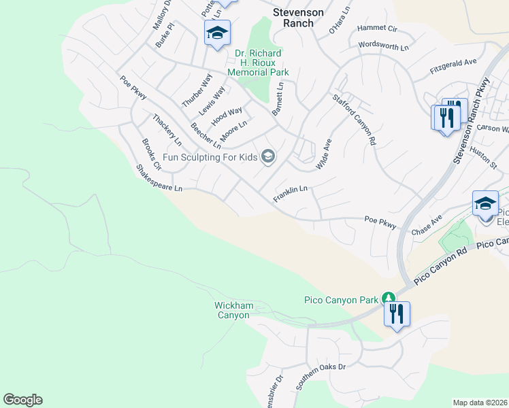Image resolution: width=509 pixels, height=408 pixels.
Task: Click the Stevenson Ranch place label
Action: pyautogui.click(x=293, y=17)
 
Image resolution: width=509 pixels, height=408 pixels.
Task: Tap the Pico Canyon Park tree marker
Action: pyautogui.click(x=388, y=298)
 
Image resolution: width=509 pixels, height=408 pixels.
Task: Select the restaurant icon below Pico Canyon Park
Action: pyautogui.click(x=397, y=314)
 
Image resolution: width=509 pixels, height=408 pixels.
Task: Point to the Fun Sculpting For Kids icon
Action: pyautogui.click(x=268, y=157)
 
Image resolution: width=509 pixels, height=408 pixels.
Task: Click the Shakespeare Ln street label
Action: pyautogui.click(x=160, y=177)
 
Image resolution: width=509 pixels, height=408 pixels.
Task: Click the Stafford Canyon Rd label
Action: pyautogui.click(x=354, y=120)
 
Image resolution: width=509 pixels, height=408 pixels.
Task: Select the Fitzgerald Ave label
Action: pyautogui.click(x=453, y=66)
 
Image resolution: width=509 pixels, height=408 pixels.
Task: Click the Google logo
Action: pyautogui.click(x=22, y=400)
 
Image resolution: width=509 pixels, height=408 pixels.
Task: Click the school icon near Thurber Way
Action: pyautogui.click(x=217, y=33)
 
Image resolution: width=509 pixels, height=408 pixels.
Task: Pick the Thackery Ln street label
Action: pyautogui.click(x=167, y=130)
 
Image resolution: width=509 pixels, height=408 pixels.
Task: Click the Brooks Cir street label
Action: pyautogui.click(x=151, y=154)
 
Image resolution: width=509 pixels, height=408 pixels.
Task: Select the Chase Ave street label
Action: pyautogui.click(x=427, y=225)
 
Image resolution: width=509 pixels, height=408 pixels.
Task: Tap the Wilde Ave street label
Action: pyautogui.click(x=323, y=154)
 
